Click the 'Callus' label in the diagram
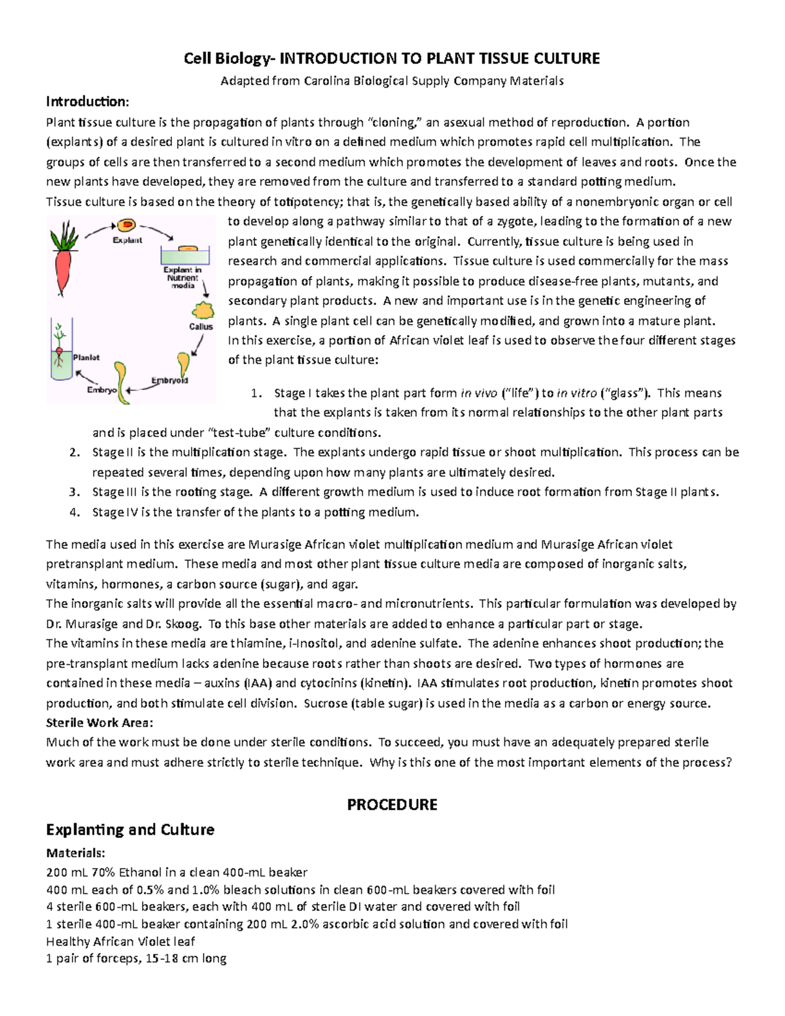click(201, 326)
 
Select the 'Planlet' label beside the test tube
click(86, 357)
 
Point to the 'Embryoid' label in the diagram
click(169, 380)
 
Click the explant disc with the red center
click(126, 226)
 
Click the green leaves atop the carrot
click(65, 234)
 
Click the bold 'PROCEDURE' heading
click(392, 805)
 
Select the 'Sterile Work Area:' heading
click(99, 723)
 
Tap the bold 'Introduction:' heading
click(87, 101)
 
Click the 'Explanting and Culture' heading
click(130, 830)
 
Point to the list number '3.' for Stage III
click(75, 492)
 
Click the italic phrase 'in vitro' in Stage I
click(576, 393)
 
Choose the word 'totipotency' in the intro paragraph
click(302, 201)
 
